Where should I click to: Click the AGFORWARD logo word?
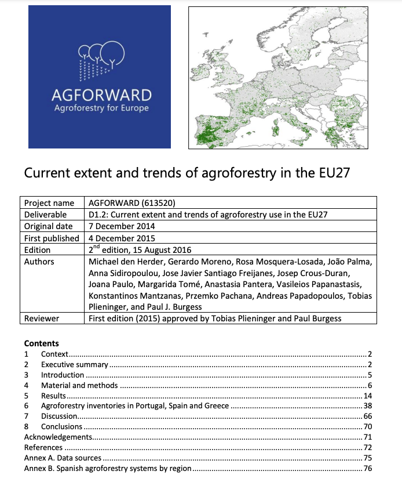tap(101, 95)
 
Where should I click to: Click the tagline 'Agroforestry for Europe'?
tap(101, 108)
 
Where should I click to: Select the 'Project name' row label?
tap(49, 203)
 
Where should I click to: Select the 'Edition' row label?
tap(38, 250)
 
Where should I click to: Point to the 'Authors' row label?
tap(39, 262)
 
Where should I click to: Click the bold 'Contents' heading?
tap(41, 343)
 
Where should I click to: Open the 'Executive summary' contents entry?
tap(74, 364)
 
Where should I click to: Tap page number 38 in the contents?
tap(367, 406)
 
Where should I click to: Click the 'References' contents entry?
tap(43, 448)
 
